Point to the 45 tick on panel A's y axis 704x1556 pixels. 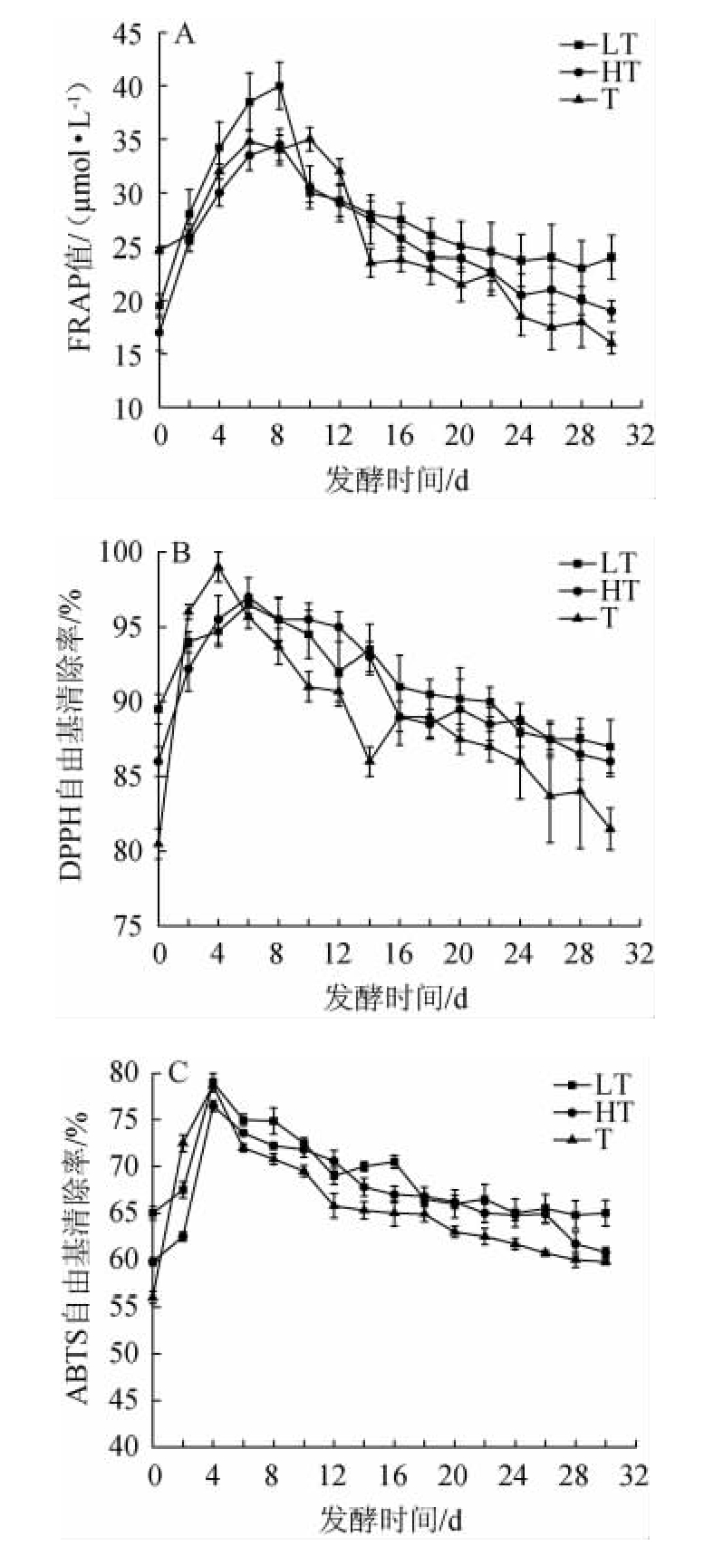click(132, 34)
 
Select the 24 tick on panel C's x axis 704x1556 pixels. click(516, 1474)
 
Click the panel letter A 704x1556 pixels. click(184, 35)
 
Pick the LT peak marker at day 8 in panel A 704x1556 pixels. click(279, 85)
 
